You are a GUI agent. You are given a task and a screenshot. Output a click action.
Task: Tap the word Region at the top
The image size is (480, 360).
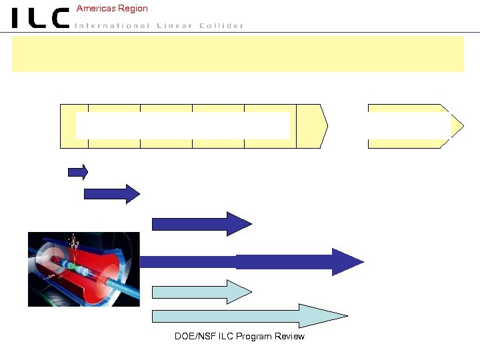(x=132, y=9)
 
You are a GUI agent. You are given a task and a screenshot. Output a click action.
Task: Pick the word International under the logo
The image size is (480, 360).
(x=112, y=26)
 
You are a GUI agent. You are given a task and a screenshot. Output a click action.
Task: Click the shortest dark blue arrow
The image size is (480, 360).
(x=77, y=172)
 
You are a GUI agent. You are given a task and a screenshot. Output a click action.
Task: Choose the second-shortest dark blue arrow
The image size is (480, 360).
(x=111, y=193)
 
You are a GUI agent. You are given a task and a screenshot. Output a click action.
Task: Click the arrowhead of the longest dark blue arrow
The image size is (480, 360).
(x=347, y=262)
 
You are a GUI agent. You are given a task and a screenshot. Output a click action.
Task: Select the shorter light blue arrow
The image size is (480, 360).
(x=200, y=291)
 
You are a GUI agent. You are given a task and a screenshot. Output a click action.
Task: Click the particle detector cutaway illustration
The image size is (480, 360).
(x=83, y=269)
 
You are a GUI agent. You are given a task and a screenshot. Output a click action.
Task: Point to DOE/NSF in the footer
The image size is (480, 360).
(x=192, y=336)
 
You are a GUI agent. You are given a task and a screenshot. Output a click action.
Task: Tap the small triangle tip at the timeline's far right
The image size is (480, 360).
(x=458, y=126)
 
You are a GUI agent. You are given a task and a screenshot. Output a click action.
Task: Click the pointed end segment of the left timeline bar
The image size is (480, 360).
(x=311, y=126)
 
